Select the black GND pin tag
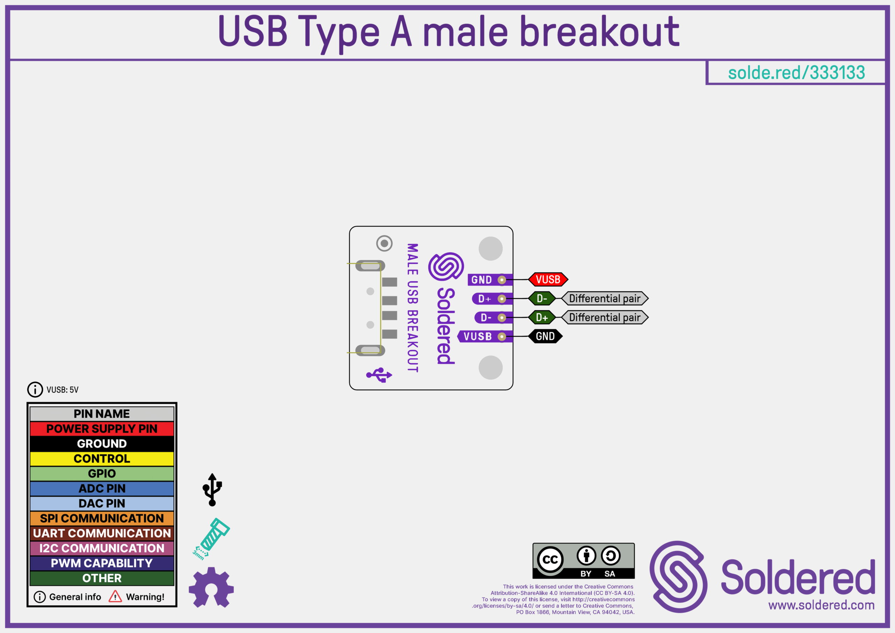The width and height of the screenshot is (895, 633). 545,336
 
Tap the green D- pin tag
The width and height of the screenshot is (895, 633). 542,298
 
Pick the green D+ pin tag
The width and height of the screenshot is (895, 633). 542,318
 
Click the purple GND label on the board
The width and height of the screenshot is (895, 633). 482,280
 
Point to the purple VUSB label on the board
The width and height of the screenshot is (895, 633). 478,336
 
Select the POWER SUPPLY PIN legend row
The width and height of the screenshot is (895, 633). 102,429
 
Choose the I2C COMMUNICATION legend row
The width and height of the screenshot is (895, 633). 102,548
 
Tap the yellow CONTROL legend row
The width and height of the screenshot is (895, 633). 102,458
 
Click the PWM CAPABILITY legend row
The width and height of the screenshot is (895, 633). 102,563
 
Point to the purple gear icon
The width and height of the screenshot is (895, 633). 211,588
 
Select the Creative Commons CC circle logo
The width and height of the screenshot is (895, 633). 550,560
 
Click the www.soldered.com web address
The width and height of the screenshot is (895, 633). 821,605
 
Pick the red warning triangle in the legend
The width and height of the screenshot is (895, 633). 115,596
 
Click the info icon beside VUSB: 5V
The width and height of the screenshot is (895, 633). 35,390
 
